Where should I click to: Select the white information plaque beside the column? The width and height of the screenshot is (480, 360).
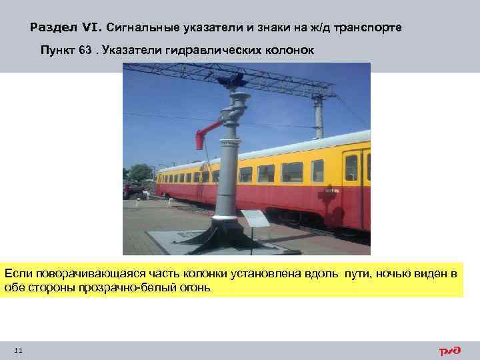254,216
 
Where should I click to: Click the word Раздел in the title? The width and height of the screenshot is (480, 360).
55,28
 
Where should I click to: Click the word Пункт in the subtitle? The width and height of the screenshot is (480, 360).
57,51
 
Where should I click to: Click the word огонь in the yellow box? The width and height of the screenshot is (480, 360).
194,288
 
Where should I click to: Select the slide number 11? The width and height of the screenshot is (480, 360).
18,351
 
